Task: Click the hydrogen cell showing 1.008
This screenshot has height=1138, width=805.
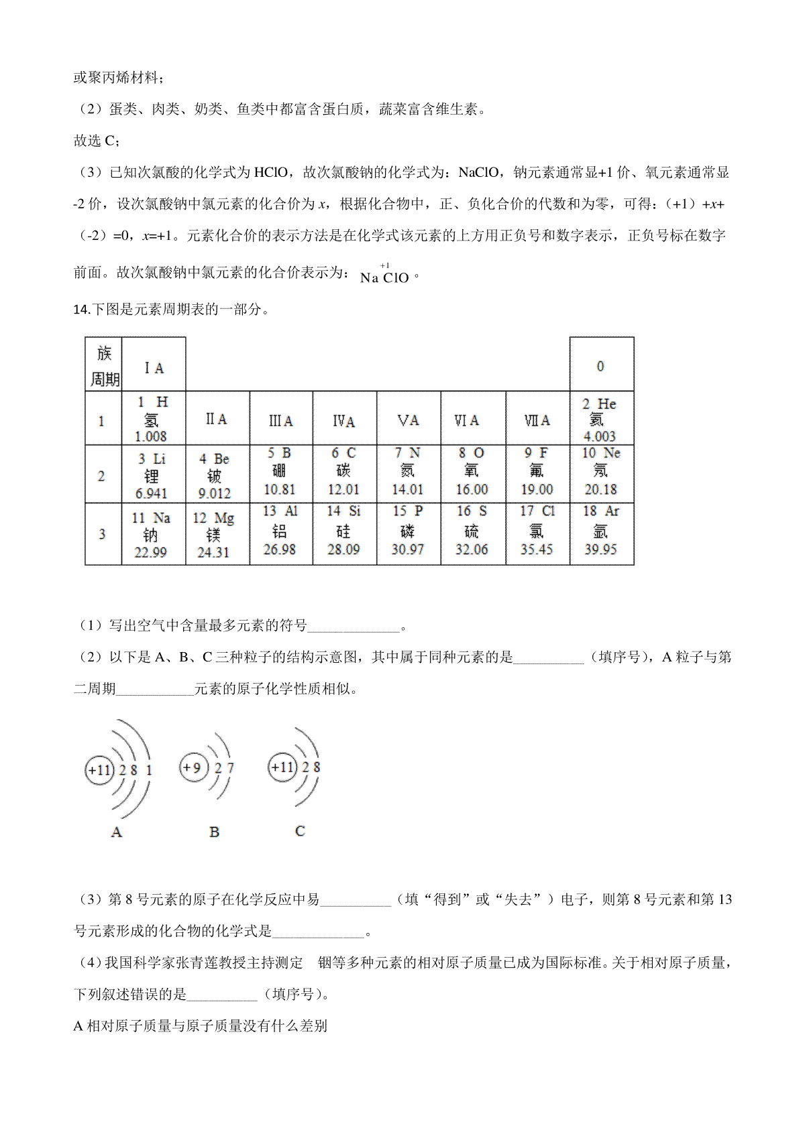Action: tap(152, 419)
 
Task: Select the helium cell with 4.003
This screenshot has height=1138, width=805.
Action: tap(601, 419)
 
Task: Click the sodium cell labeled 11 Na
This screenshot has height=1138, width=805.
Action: tap(152, 535)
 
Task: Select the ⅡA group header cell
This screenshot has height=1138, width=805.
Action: tap(217, 420)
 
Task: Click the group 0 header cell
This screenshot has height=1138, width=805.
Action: tap(601, 366)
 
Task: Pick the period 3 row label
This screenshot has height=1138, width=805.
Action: tap(102, 535)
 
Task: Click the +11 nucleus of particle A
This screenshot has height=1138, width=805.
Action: tap(99, 770)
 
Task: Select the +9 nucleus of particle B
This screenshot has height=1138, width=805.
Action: tap(193, 767)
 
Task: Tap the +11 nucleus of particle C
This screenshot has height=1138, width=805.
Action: tap(282, 767)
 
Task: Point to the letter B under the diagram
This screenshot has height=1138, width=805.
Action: tap(215, 832)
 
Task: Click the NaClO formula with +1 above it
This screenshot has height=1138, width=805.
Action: tap(384, 275)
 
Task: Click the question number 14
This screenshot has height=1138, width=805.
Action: tap(80, 309)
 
